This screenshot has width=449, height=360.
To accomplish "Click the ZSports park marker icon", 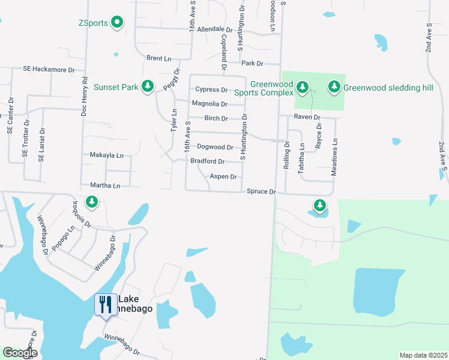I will coord(118,23).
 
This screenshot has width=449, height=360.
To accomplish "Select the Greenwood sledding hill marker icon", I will coord(334,88).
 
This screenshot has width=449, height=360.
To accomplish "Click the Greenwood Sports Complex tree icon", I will coord(303,88).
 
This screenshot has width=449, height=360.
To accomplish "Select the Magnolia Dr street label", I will coord(209,104).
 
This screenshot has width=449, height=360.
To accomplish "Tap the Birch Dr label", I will coord(216,118).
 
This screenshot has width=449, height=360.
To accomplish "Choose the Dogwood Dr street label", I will coord(215,147).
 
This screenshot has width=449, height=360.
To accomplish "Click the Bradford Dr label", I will coord(207,161).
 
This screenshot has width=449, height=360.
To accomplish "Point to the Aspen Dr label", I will coord(223,176).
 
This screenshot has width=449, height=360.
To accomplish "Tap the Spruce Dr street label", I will coord(261,191).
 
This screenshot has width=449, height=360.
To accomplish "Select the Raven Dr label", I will coord(307,117).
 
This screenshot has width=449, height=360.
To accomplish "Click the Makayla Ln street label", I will coord(106,155).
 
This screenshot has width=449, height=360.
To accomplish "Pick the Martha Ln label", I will coord(105,185).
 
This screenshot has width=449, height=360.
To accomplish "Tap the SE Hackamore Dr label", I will coord(49,70).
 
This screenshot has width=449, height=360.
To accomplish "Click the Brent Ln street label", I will coord(158,58).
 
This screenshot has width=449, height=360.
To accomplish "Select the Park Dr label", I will coord(252,63).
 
